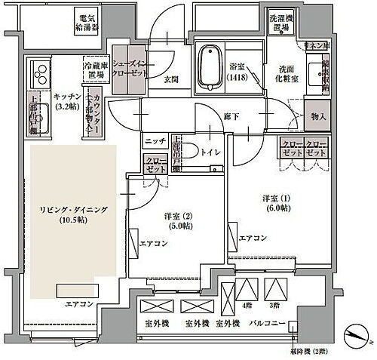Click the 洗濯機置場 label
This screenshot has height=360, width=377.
pyautogui.click(x=282, y=23)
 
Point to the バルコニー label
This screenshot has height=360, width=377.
pyautogui.click(x=266, y=324)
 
